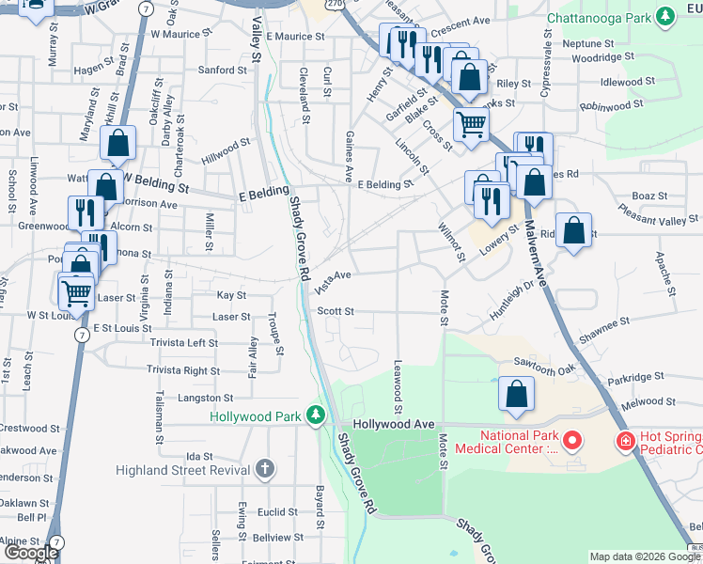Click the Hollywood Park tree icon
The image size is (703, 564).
[x=317, y=415]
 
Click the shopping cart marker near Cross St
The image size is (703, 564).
[x=471, y=123]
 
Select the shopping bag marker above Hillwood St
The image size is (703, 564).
[x=118, y=144]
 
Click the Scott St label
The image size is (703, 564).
[x=335, y=311]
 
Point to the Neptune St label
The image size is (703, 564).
[x=588, y=43]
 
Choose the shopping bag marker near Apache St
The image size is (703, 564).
[x=573, y=231]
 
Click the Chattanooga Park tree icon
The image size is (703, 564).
[x=665, y=15]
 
